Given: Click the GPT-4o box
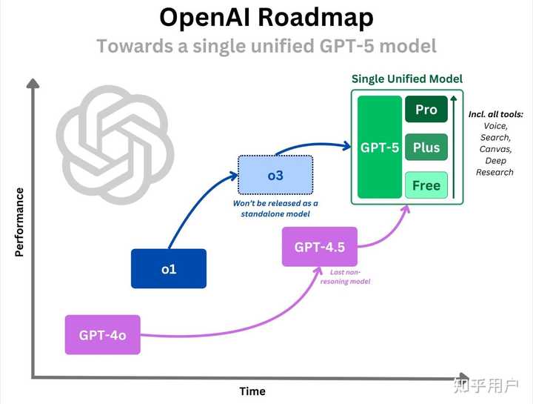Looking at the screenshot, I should (x=103, y=335).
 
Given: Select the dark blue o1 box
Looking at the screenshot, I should (x=169, y=268).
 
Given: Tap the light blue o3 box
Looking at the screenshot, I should (x=275, y=174).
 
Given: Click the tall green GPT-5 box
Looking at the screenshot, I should (x=380, y=147).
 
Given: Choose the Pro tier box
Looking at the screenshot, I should (x=426, y=109).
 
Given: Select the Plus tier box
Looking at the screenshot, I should (x=426, y=147).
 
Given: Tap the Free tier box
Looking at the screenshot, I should (x=426, y=185).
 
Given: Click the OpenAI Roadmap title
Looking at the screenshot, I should (x=266, y=17).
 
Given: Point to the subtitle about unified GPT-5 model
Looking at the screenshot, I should (x=266, y=46).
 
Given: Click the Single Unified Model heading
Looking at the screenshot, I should (x=406, y=79).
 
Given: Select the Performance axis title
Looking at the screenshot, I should (x=19, y=222).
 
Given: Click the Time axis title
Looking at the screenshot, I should (x=252, y=391).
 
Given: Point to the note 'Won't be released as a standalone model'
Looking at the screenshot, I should (x=275, y=208).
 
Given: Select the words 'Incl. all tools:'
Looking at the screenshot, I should (x=495, y=114).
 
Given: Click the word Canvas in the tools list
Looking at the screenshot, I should (x=495, y=149).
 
